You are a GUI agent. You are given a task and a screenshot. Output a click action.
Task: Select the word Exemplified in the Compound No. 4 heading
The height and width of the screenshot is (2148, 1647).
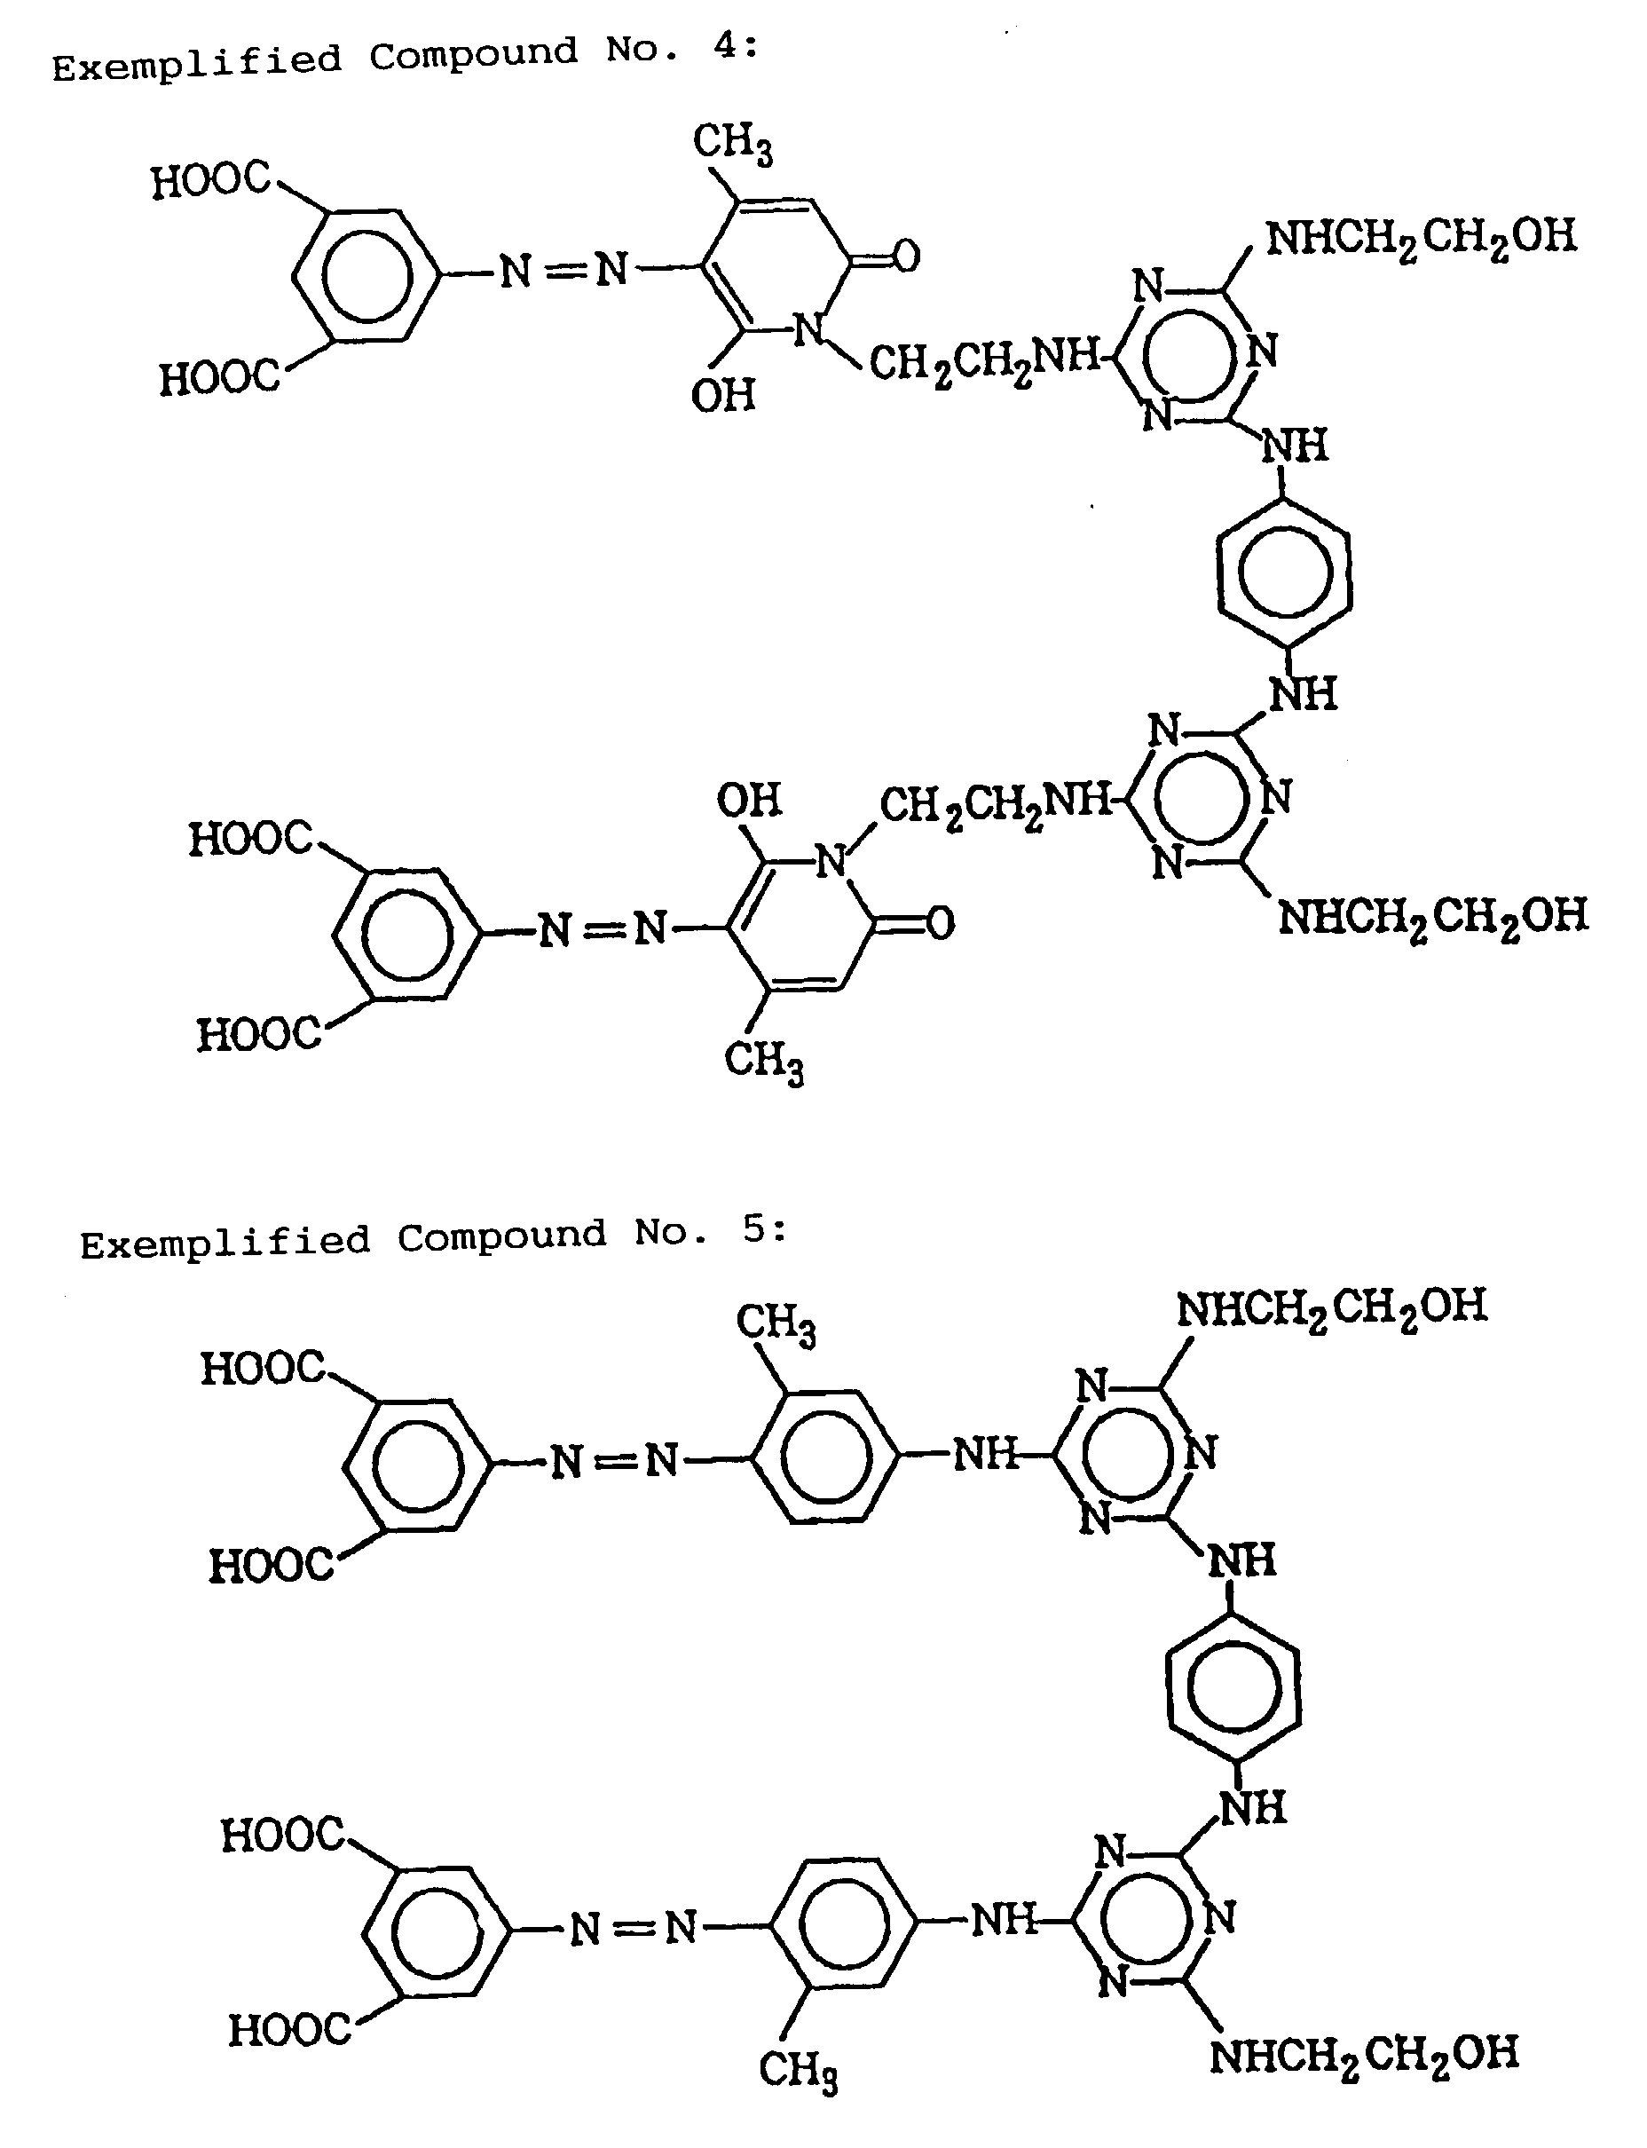(x=197, y=63)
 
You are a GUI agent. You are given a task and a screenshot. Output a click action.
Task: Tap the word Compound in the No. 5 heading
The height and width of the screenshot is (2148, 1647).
(x=502, y=1236)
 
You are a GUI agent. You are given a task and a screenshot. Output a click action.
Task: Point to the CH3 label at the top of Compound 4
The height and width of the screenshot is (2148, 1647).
(x=732, y=143)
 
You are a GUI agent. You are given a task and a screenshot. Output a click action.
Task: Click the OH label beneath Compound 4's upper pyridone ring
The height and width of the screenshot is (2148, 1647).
(x=723, y=395)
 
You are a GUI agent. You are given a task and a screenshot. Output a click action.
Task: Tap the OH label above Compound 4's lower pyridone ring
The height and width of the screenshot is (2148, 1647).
(x=749, y=800)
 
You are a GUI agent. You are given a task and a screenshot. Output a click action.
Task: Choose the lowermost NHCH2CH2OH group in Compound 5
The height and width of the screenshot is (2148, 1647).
(x=1364, y=2054)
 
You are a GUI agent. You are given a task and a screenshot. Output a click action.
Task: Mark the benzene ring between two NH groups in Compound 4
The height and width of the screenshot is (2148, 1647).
(x=1284, y=572)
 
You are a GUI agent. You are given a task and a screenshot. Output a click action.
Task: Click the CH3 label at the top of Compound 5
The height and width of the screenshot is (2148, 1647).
(x=776, y=1324)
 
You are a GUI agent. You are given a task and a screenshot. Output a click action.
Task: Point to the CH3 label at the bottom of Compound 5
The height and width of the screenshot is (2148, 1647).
(x=798, y=2070)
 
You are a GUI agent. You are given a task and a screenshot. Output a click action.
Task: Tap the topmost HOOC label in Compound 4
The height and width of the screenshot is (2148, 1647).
(x=211, y=180)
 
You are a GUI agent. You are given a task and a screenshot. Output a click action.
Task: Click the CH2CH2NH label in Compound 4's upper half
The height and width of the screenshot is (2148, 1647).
(x=985, y=360)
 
